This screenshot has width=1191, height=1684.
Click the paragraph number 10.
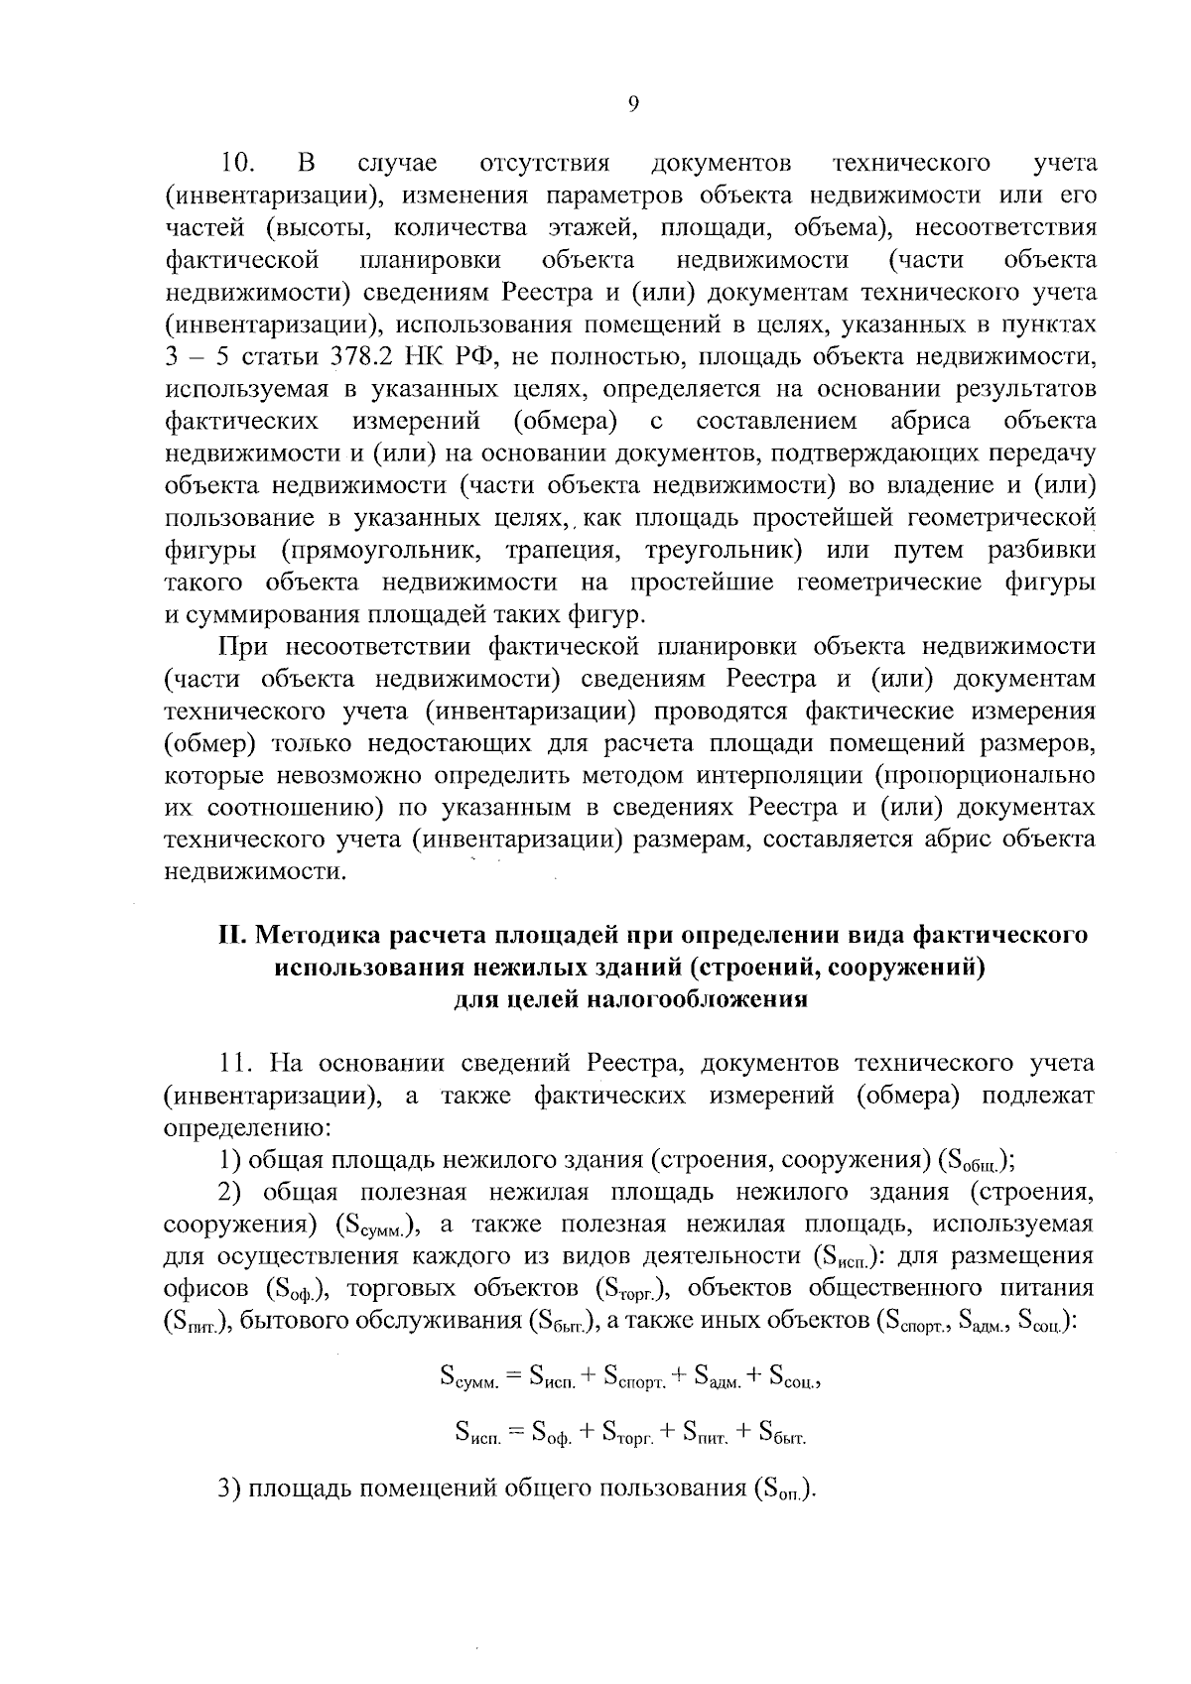[x=239, y=163]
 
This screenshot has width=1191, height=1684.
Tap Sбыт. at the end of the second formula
[x=782, y=1433]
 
